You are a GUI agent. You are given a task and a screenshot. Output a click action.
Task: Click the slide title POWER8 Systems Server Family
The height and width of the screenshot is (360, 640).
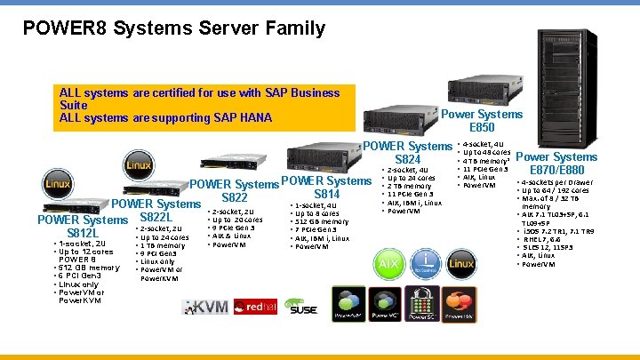[x=174, y=28]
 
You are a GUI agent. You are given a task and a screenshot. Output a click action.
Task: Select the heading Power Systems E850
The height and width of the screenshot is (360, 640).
[x=482, y=121]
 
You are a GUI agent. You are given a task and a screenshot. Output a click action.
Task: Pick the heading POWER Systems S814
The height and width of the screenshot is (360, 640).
[x=326, y=188]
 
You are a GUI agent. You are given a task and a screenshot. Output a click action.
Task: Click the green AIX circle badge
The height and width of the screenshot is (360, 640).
[x=389, y=264]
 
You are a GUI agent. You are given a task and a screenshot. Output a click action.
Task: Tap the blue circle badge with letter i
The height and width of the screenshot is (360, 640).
[x=427, y=264]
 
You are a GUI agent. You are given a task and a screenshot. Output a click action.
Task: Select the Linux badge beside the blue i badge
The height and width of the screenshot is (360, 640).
[x=461, y=264]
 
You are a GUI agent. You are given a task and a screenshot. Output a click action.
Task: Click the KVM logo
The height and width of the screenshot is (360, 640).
[x=205, y=308]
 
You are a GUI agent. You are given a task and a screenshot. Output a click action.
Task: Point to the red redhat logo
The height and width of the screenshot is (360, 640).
[x=251, y=307]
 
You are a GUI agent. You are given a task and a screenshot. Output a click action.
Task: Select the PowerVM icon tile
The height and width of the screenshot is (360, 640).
[x=348, y=303]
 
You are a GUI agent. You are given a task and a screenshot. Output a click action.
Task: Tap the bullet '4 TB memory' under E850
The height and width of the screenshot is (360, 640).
[x=485, y=161]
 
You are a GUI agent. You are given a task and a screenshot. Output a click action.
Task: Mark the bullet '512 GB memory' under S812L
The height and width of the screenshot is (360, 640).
[x=89, y=268]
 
